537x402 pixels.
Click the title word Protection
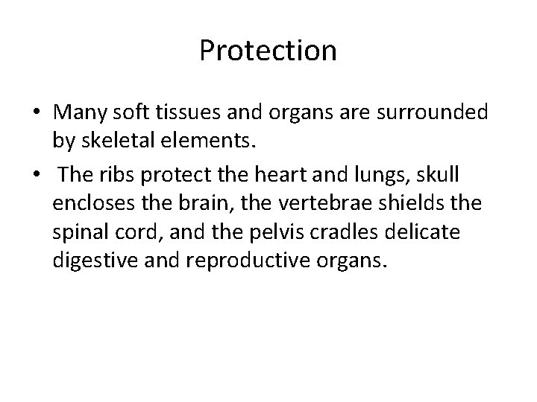point(268,51)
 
